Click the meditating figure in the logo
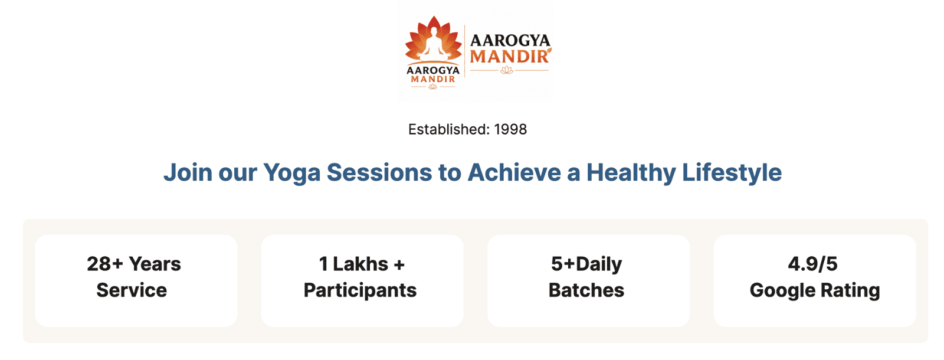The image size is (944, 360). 434,44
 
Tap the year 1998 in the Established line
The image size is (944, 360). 510,129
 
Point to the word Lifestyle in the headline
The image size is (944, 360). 732,173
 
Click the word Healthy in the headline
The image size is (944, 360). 631,173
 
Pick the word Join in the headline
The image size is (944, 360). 188,172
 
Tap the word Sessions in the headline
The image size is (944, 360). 379,172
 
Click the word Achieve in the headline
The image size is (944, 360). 514,172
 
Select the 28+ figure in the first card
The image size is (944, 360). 105,264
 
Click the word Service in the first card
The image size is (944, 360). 132,290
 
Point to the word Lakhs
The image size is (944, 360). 360,264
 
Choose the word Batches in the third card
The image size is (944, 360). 586,290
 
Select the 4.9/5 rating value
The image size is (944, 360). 812,264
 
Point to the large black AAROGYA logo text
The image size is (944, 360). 510,41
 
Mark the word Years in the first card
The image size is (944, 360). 155,264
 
